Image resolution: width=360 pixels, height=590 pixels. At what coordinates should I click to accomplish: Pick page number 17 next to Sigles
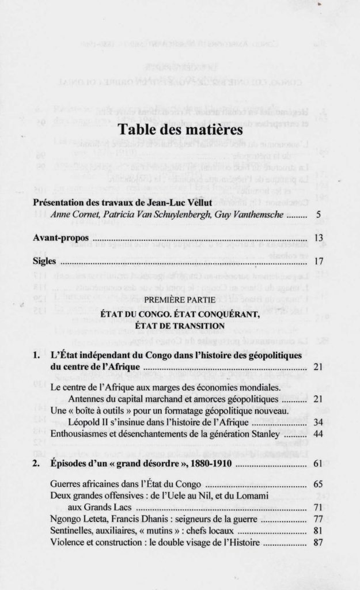click(x=316, y=260)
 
